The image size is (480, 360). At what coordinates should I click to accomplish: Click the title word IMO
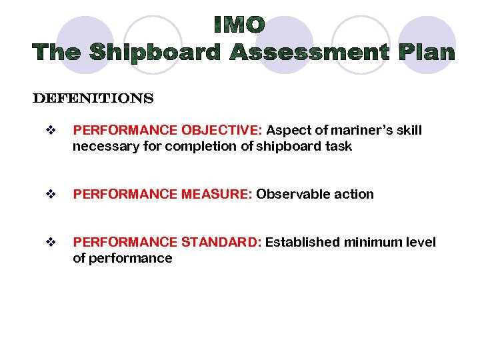[240, 25]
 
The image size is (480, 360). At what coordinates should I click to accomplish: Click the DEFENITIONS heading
[93, 99]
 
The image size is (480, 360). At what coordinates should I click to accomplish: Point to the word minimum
[372, 243]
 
